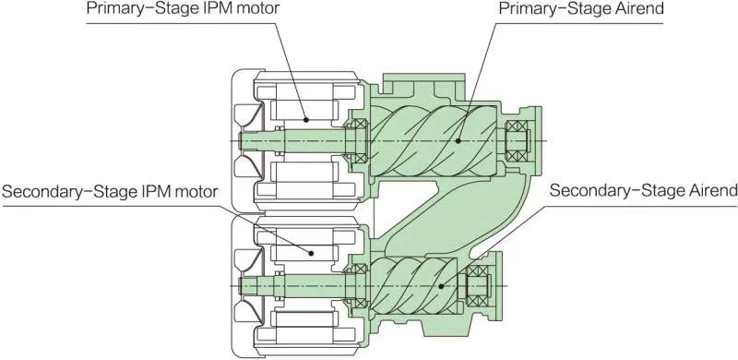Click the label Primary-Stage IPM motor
pos(183,9)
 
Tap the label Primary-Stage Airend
pos(581,9)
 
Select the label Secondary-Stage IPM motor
pos(110,192)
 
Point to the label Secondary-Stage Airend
pos(643,191)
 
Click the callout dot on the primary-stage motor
pos(306,120)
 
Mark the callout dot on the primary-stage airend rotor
pos(458,141)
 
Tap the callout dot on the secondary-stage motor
pos(311,253)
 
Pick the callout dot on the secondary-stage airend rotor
pos(441,285)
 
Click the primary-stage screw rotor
pos(433,141)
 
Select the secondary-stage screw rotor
pos(413,285)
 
